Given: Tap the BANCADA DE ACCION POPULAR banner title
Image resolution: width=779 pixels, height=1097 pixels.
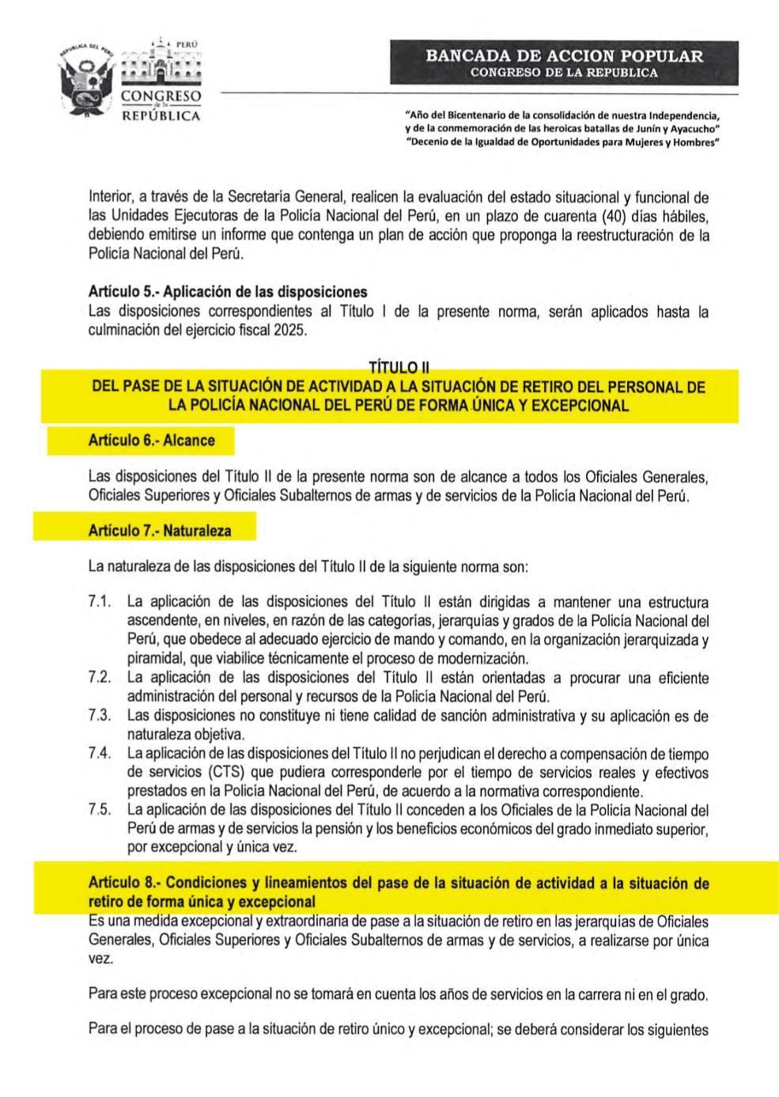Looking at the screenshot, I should coord(564,56).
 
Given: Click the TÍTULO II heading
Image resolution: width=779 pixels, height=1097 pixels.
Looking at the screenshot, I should coord(399,367).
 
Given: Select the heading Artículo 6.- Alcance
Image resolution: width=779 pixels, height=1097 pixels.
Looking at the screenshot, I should coord(151,441).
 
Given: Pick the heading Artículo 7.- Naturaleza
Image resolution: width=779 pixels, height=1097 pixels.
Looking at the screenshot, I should coord(159,531).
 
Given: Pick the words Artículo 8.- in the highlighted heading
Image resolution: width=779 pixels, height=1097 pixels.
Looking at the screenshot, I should coord(123,883).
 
